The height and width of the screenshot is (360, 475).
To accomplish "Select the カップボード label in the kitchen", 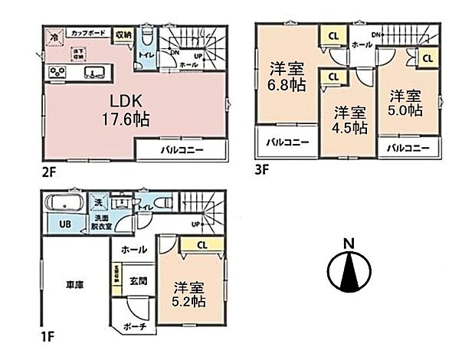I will (87, 34).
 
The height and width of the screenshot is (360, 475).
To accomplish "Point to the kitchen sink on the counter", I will (95, 74).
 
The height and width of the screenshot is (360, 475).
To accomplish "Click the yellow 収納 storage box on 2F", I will (123, 34).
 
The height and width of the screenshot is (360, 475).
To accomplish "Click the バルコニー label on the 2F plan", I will (181, 149).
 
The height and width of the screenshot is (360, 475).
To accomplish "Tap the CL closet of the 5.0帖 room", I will (427, 57).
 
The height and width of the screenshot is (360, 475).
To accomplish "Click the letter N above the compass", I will (349, 244).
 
